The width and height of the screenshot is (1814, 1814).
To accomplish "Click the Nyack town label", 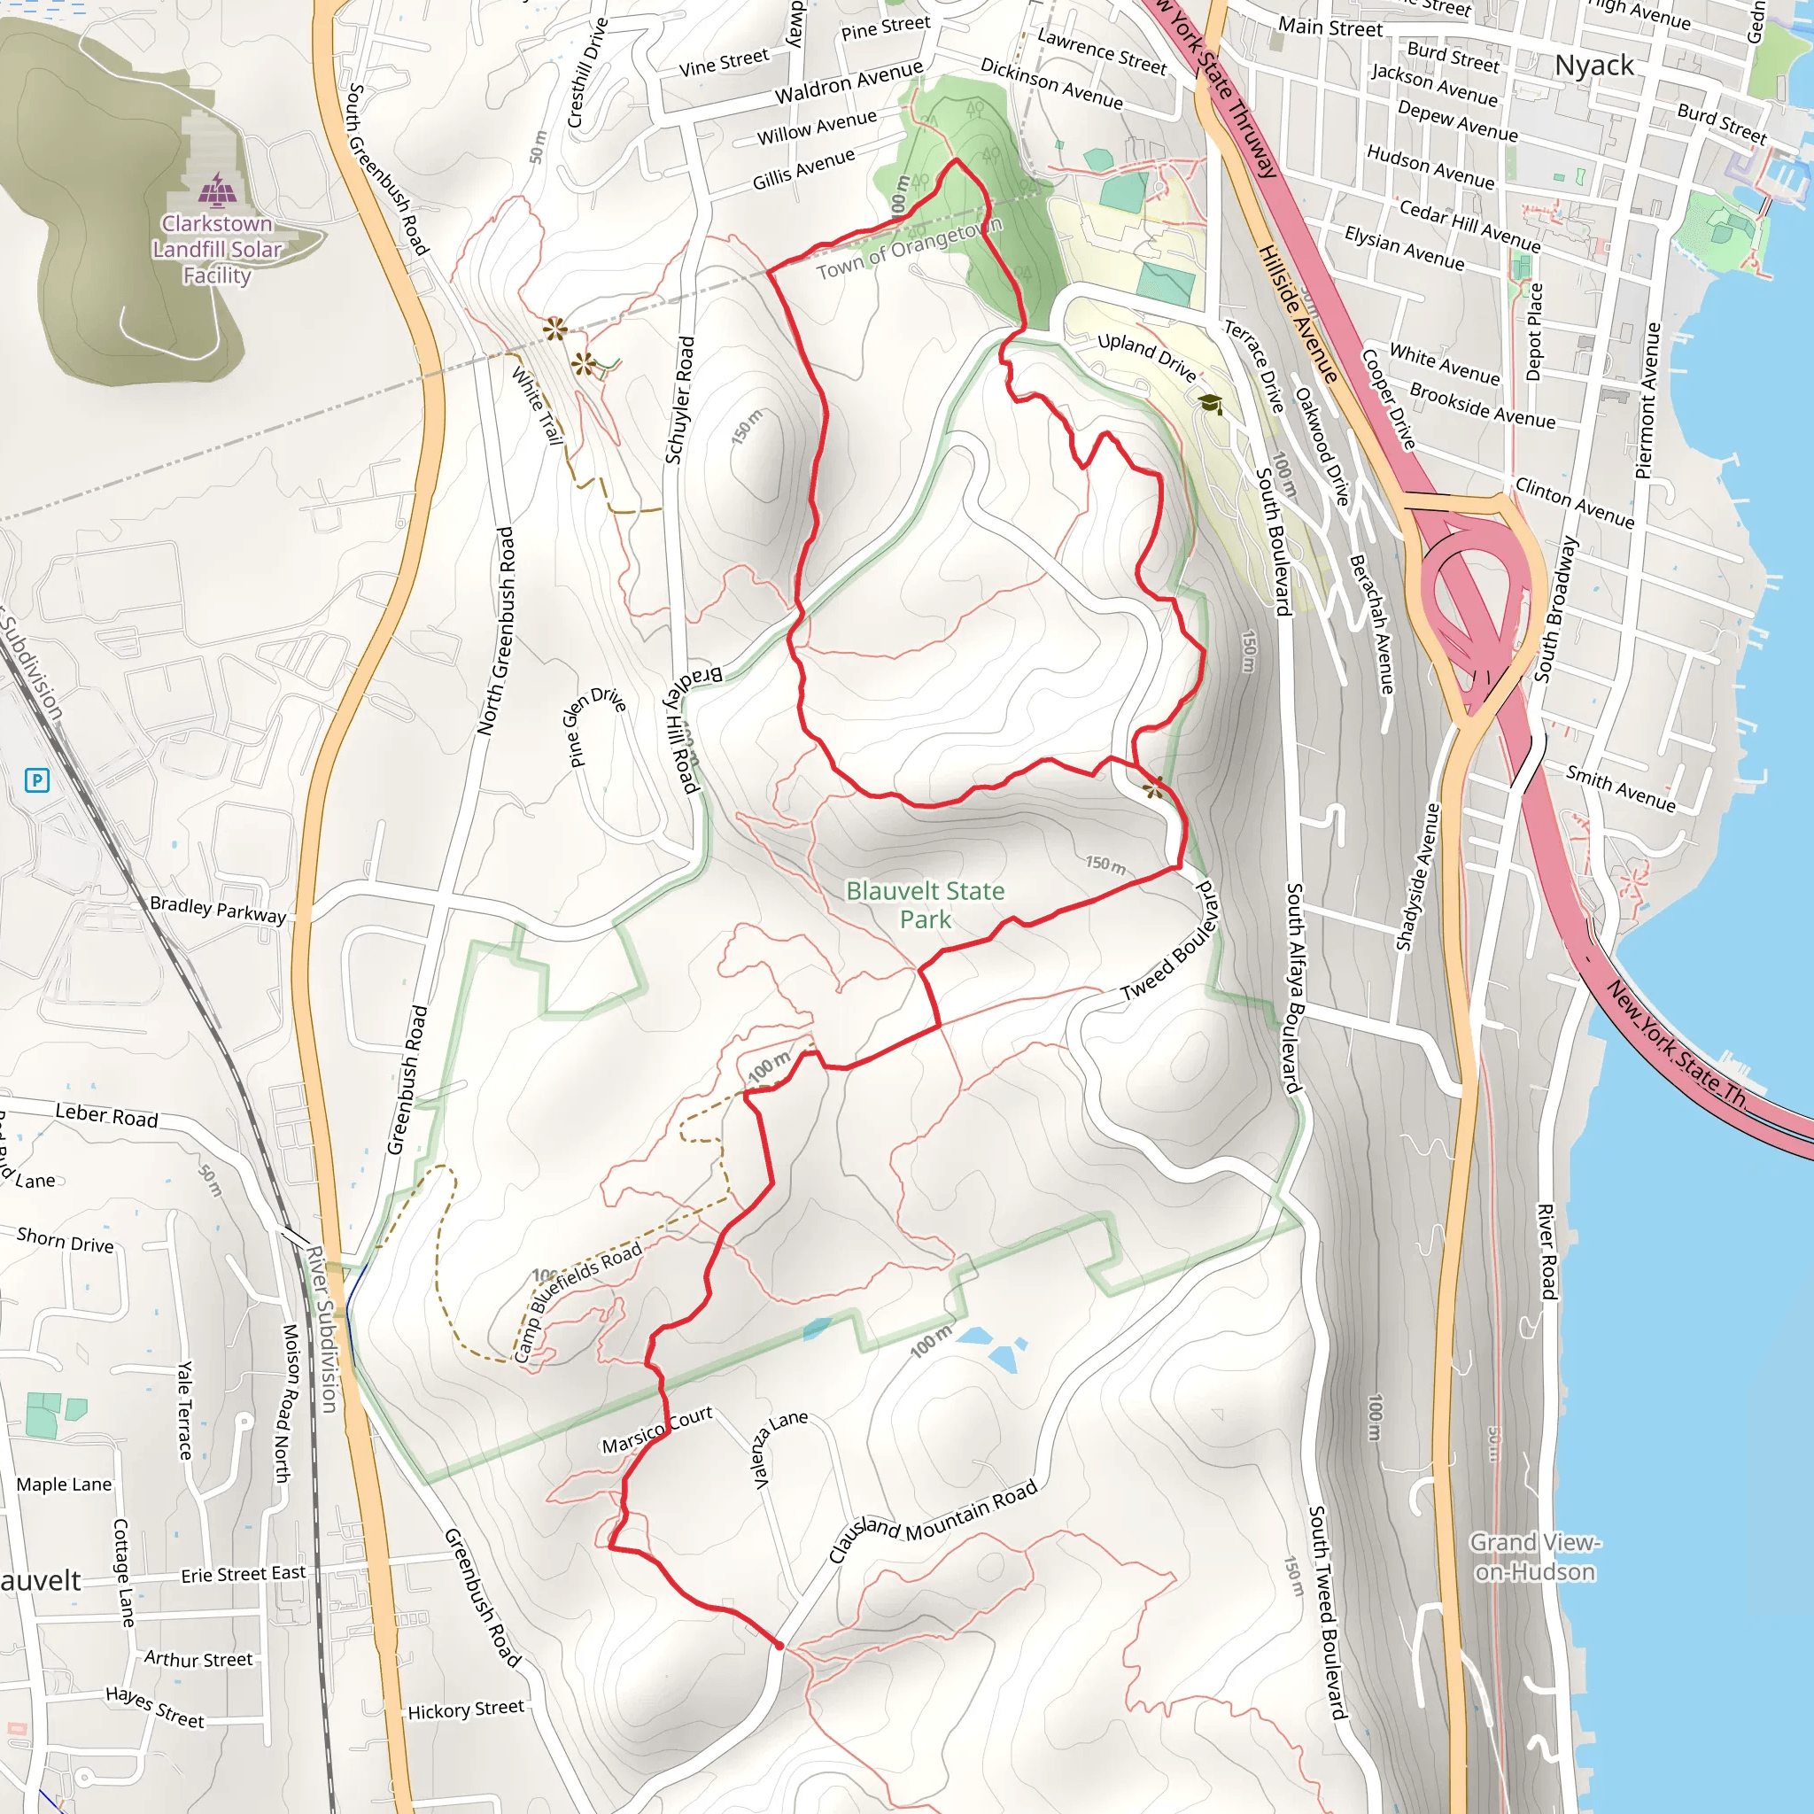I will [x=1593, y=66].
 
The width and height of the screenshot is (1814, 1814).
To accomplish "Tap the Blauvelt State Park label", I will [x=925, y=904].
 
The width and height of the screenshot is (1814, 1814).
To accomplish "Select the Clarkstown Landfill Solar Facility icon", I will [x=217, y=190].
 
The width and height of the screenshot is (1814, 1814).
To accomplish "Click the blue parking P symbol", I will [x=36, y=779].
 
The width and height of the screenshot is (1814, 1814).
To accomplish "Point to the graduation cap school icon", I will [x=1210, y=404].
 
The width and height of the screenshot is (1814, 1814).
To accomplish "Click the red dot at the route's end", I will [x=779, y=1645].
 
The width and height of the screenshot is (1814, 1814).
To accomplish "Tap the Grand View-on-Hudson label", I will [x=1534, y=1557].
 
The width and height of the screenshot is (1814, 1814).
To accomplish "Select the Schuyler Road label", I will [x=679, y=400].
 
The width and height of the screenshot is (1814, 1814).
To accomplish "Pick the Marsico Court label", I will [x=657, y=1430].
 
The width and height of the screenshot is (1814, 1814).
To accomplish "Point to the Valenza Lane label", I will [x=779, y=1448].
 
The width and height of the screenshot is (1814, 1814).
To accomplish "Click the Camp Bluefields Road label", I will [x=578, y=1299].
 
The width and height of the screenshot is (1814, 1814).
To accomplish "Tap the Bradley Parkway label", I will [x=218, y=909].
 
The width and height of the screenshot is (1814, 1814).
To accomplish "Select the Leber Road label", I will [x=106, y=1115].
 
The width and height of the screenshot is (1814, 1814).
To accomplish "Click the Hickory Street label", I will [x=466, y=1709].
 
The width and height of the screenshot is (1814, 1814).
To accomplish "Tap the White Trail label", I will [x=536, y=406].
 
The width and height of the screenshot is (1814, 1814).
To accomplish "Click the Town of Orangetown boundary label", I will [x=909, y=249].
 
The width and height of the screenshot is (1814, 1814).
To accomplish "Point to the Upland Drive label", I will [x=1146, y=358].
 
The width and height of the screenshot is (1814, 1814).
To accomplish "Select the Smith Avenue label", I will [x=1620, y=787].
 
